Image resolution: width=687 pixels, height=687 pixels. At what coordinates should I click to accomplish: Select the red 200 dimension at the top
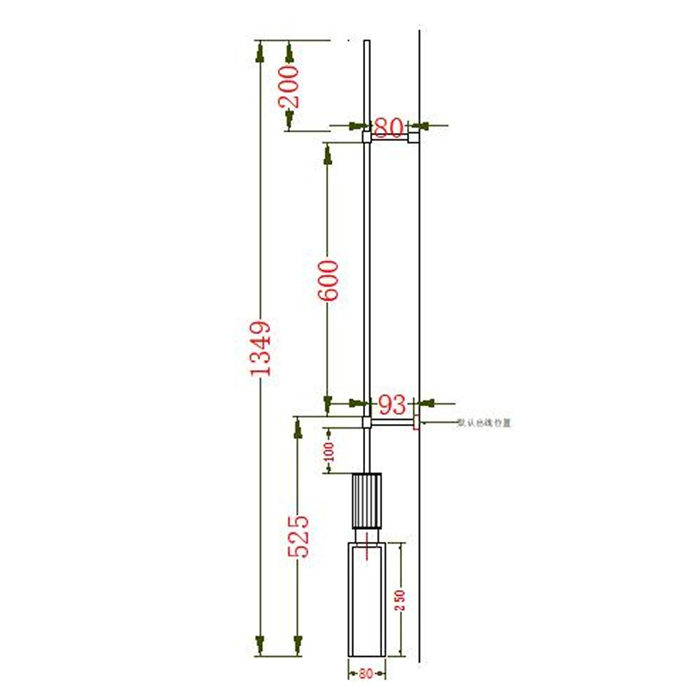[x=290, y=86]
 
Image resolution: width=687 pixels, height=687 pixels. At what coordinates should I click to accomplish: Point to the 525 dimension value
[x=298, y=537]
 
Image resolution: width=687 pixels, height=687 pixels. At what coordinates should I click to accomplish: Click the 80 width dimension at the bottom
[x=368, y=674]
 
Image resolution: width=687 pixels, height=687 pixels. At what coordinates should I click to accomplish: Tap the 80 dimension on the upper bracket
[x=388, y=128]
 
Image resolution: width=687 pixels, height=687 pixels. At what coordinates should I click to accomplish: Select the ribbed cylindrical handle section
[x=367, y=502]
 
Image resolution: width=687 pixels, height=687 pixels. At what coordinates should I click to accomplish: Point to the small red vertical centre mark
[x=369, y=543]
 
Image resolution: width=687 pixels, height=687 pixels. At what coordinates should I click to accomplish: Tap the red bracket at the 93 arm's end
[x=416, y=422]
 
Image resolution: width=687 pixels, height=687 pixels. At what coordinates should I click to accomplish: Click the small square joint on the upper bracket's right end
[x=414, y=137]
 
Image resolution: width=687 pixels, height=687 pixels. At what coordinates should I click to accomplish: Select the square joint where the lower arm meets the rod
[x=367, y=423]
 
